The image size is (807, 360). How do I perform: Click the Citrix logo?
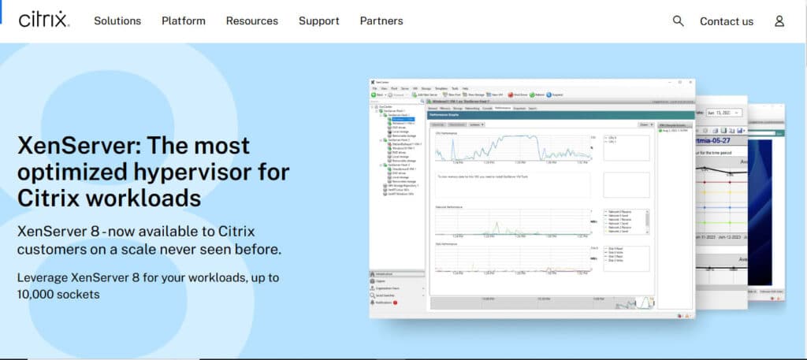43,20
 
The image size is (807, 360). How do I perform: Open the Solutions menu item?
117,21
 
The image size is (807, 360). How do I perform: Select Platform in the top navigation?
184,21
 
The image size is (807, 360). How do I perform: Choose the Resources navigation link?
251,21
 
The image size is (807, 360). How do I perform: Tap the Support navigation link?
319,21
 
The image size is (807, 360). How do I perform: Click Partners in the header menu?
381,21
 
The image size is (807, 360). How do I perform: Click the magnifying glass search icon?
678,21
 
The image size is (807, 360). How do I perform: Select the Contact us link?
727,21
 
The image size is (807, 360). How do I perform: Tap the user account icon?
779,21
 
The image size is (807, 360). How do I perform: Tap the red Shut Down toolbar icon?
511,95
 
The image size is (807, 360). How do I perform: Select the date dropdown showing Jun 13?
723,113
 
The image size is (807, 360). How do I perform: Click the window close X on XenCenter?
690,82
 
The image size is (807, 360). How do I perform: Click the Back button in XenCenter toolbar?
377,95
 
